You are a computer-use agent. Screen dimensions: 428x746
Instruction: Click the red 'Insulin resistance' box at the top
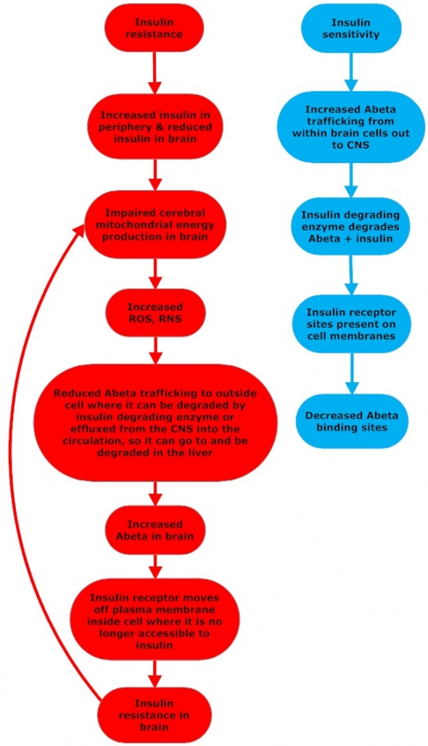(155, 28)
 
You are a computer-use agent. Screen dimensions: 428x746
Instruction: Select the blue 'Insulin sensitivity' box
(351, 28)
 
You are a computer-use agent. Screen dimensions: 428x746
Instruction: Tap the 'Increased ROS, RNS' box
(155, 313)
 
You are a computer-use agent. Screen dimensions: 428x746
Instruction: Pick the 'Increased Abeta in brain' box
(155, 530)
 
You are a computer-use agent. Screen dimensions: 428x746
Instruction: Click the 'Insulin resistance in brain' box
(155, 715)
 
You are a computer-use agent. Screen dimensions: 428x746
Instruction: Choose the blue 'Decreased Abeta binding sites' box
(352, 421)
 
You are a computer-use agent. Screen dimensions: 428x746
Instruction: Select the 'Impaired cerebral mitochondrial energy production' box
(155, 225)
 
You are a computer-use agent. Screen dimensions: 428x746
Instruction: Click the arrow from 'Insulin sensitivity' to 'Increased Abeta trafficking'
(351, 71)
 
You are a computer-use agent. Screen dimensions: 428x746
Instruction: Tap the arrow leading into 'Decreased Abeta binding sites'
(352, 374)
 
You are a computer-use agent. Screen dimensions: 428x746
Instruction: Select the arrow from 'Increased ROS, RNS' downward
(155, 350)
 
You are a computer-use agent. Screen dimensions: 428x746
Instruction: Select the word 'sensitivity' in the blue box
(351, 34)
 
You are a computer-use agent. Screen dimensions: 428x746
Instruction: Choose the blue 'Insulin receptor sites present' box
(352, 325)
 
